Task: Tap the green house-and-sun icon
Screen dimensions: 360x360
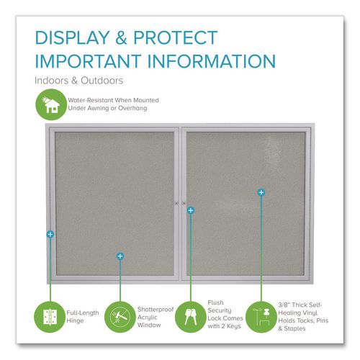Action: pos(51,104)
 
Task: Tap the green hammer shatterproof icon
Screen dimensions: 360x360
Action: pos(120,315)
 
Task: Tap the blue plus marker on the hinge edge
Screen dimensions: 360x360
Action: pos(50,235)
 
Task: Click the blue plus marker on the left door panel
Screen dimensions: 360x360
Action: pos(120,256)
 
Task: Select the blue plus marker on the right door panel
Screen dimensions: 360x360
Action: pos(261,192)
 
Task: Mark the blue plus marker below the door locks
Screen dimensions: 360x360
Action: pos(190,210)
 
